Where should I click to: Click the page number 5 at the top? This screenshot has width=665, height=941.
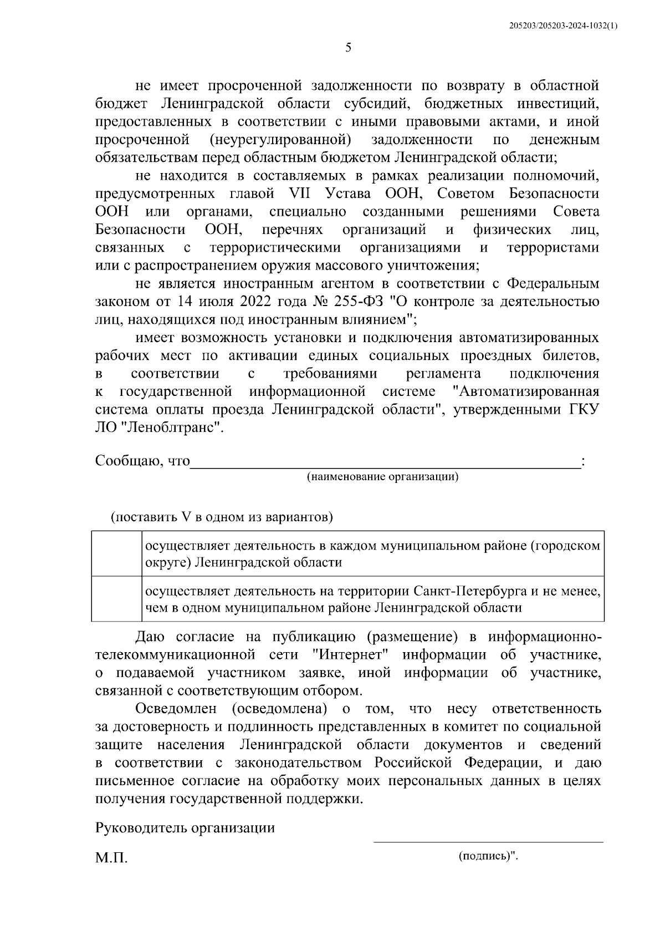348,48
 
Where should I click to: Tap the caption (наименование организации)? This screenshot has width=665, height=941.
383,477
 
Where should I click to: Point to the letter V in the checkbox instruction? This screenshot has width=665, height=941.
186,517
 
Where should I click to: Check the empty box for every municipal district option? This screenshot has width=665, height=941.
115,554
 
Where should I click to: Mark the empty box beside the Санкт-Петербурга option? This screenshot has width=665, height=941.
115,599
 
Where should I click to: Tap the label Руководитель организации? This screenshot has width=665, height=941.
185,828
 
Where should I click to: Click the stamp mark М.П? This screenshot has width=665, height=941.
111,858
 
